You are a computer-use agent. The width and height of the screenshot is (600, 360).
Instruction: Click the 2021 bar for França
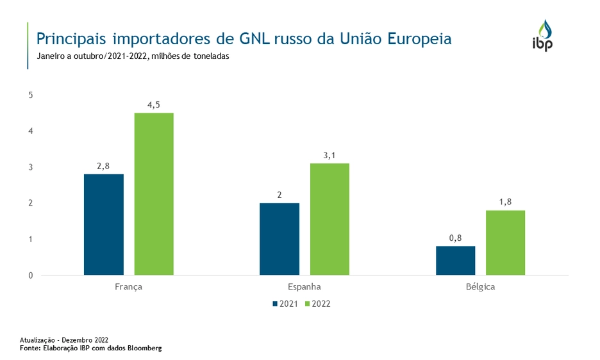coord(104,224)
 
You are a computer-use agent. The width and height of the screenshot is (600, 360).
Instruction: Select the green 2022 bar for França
coord(154,194)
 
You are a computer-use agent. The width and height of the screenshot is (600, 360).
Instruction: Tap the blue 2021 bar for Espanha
coord(279,239)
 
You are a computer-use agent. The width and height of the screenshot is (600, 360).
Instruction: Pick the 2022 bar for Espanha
coord(329,219)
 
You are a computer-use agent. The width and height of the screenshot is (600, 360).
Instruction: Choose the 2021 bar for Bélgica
coord(456,261)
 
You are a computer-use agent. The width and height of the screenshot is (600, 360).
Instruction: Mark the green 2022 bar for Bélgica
coord(505,243)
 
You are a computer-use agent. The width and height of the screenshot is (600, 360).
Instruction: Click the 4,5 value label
coord(154,104)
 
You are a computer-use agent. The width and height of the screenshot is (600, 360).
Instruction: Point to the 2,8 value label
coord(104,166)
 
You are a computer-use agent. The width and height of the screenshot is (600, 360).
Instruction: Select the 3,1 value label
coord(329,155)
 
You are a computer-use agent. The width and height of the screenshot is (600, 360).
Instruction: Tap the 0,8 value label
coord(456,238)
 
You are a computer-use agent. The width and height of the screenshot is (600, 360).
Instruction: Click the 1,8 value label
coord(505,202)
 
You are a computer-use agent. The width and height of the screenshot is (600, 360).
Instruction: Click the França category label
coord(128,287)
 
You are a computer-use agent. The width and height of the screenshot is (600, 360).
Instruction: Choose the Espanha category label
coord(304,287)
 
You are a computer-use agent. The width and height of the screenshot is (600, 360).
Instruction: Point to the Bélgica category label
coord(480,287)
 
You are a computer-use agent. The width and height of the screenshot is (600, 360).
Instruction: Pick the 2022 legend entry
coord(318,304)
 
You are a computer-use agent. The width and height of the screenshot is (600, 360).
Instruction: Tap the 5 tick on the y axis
coord(31,95)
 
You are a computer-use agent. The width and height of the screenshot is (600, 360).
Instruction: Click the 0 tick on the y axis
coord(31,275)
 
